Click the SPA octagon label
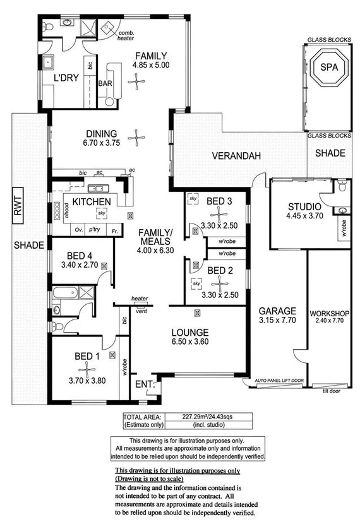328,68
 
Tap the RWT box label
18,206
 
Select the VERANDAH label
229,155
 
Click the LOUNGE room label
190,333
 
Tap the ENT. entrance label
144,384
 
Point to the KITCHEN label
92,201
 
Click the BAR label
105,83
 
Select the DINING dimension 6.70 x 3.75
102,143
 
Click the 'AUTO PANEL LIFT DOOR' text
279,381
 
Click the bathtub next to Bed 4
65,294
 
